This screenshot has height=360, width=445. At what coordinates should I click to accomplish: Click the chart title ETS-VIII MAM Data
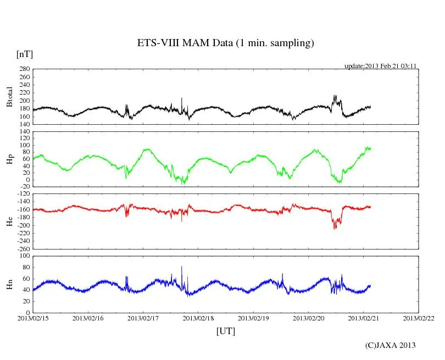click(x=225, y=43)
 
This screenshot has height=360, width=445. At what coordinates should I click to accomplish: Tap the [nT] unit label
click(x=24, y=54)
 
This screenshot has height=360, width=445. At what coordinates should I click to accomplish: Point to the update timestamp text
click(x=381, y=65)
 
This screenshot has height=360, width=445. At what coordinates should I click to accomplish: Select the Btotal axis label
click(x=9, y=96)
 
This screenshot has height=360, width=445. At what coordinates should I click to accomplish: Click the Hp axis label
click(x=9, y=159)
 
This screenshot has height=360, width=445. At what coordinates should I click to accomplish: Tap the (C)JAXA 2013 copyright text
click(x=390, y=345)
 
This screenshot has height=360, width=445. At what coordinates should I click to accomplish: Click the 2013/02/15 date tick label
click(x=32, y=318)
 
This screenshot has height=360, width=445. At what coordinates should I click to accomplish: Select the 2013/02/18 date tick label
click(x=198, y=318)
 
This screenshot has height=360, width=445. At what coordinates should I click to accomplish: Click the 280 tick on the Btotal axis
click(x=24, y=69)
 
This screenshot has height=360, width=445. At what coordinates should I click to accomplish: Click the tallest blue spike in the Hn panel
click(x=182, y=267)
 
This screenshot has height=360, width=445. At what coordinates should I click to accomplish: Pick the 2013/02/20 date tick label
click(x=308, y=318)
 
